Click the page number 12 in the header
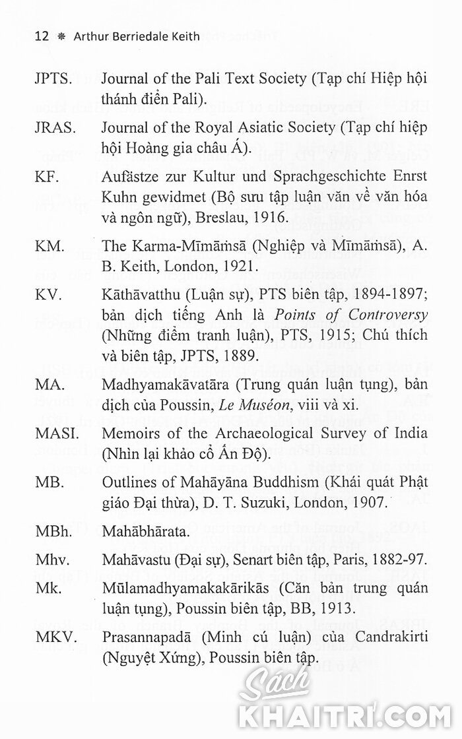pyautogui.click(x=42, y=36)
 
